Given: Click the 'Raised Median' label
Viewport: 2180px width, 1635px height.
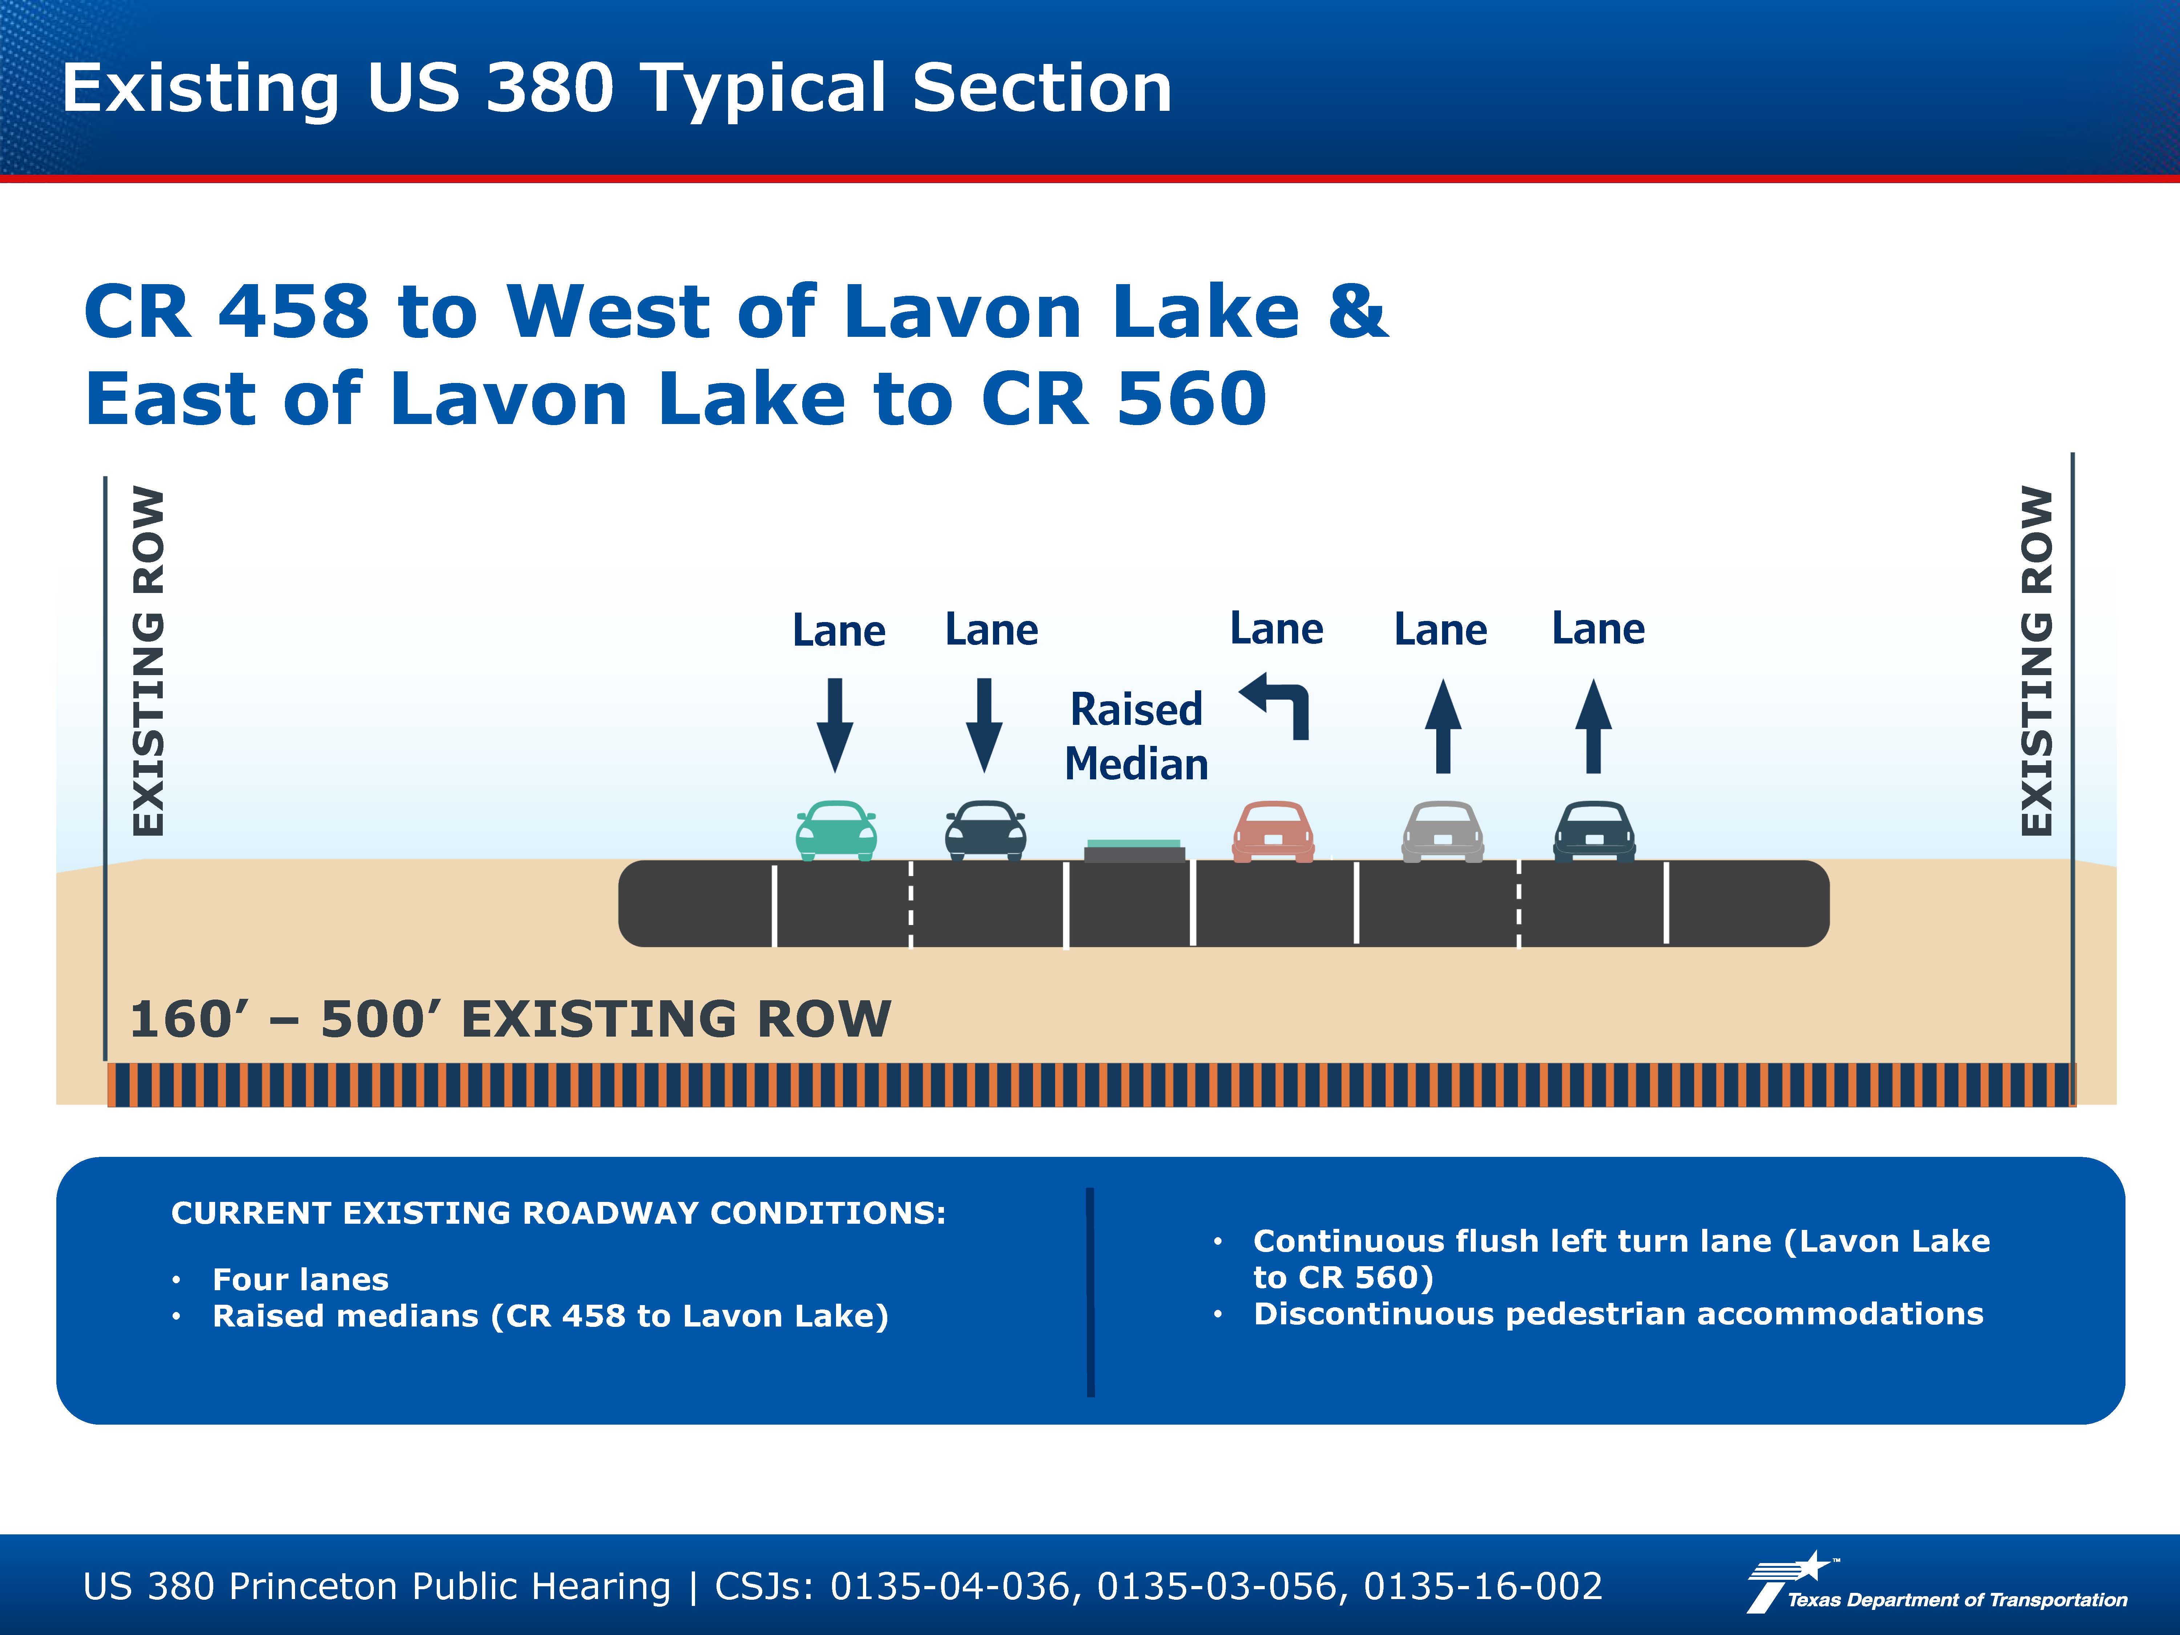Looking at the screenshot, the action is [x=1136, y=736].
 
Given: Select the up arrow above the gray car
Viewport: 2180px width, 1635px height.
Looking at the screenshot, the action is [x=1443, y=725].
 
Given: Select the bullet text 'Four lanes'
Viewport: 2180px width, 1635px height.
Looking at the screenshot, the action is [x=300, y=1279].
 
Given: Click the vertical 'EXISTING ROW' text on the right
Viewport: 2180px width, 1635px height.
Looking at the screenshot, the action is [x=2037, y=661].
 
